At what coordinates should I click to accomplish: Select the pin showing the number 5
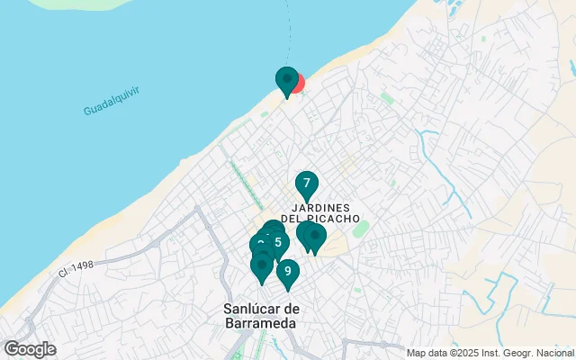pyautogui.click(x=277, y=241)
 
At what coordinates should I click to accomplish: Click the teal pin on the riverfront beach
pyautogui.click(x=286, y=81)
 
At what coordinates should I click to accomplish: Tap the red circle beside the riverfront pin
pyautogui.click(x=297, y=84)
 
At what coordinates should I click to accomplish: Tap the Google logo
pyautogui.click(x=30, y=349)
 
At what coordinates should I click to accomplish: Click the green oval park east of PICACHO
pyautogui.click(x=361, y=229)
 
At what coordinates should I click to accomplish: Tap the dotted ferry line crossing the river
pyautogui.click(x=289, y=27)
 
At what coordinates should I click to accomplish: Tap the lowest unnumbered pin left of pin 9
pyautogui.click(x=262, y=266)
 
